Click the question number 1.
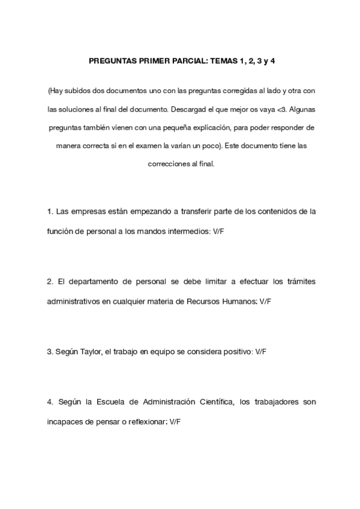pos(50,212)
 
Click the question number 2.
pos(50,282)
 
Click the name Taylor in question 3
pos(89,352)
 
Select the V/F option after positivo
pos(261,352)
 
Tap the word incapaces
pos(65,421)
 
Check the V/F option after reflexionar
pos(175,421)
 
